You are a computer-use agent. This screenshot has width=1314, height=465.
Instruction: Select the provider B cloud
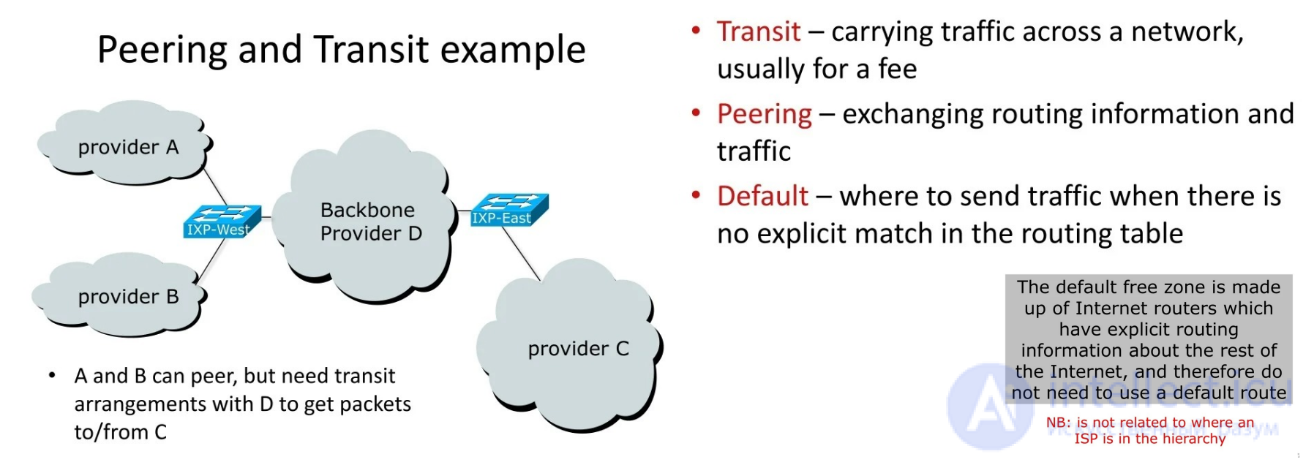pyautogui.click(x=121, y=296)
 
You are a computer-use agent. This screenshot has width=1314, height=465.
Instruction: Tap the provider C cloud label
pyautogui.click(x=578, y=349)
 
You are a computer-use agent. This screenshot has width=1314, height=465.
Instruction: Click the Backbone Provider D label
pyautogui.click(x=370, y=222)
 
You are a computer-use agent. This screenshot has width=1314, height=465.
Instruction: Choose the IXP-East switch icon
pyautogui.click(x=509, y=209)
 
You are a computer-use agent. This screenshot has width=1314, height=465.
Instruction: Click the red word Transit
pyautogui.click(x=758, y=32)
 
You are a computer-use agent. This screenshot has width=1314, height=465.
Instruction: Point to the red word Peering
pyautogui.click(x=764, y=114)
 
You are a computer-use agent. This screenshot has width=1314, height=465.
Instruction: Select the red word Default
pyautogui.click(x=762, y=197)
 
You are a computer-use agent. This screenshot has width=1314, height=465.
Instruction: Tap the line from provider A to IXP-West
pyautogui.click(x=215, y=186)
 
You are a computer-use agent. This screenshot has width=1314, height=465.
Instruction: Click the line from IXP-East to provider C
pyautogui.click(x=521, y=253)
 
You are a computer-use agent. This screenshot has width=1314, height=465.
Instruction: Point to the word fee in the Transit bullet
pyautogui.click(x=897, y=69)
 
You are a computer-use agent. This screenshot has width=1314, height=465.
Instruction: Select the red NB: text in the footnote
pyautogui.click(x=1058, y=423)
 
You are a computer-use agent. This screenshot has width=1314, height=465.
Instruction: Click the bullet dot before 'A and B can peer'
pyautogui.click(x=52, y=376)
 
